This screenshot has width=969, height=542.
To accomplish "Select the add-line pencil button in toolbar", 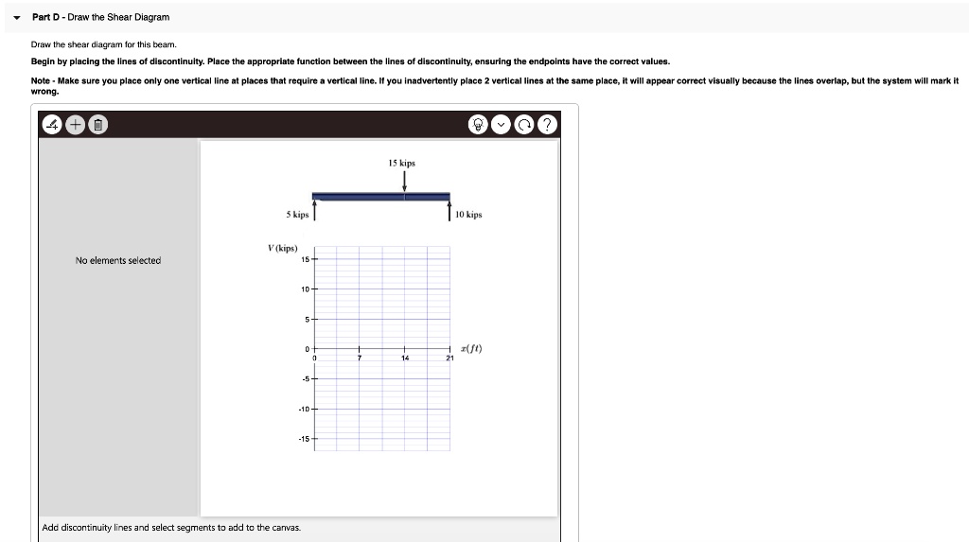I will click(x=54, y=125).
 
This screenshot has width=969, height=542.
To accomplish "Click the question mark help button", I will click(x=546, y=125).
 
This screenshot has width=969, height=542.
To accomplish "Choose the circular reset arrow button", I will click(x=525, y=125).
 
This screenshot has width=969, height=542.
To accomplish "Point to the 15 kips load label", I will click(x=401, y=164).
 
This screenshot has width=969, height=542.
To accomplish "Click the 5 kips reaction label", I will click(x=297, y=215).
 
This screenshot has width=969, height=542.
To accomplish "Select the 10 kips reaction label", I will click(x=468, y=215).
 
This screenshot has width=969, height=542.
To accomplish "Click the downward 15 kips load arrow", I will click(x=405, y=183).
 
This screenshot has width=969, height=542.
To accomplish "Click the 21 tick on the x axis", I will click(x=450, y=359).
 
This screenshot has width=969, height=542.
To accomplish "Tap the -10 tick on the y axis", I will click(x=304, y=410).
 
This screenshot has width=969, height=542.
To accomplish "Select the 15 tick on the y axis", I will click(x=305, y=259).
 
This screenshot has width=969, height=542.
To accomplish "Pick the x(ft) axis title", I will click(x=470, y=348).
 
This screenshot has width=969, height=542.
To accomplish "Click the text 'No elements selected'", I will click(x=118, y=260).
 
